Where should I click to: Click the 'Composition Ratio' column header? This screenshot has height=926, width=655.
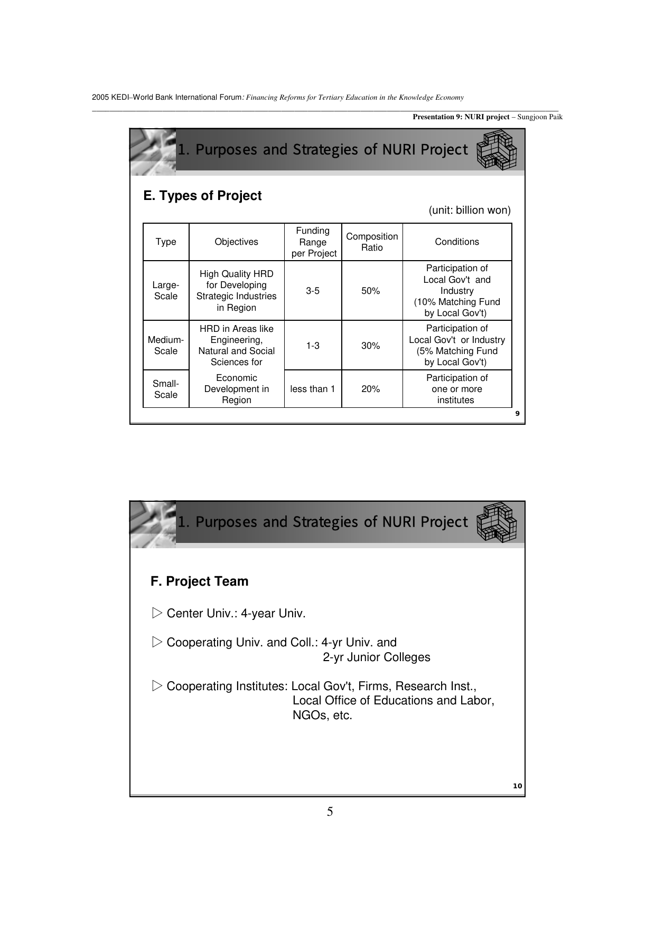point(372,242)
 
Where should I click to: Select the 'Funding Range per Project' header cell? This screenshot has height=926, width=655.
point(313,242)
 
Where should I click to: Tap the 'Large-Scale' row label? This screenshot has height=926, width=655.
point(166,291)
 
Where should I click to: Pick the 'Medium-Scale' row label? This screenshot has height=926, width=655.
point(166,346)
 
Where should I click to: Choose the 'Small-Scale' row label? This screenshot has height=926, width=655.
point(166,389)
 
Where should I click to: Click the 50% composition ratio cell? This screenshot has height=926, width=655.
point(371,291)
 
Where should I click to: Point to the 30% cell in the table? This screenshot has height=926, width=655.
point(371,346)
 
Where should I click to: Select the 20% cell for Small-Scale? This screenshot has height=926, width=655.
point(371,389)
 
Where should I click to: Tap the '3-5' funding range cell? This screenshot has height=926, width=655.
point(313,291)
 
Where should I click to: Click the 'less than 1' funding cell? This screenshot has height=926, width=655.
point(313,389)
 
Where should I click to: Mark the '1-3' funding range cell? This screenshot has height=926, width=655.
point(313,346)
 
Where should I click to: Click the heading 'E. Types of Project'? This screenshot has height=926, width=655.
point(203,196)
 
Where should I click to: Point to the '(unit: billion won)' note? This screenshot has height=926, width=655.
point(470,211)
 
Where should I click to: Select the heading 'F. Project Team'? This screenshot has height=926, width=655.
point(200,581)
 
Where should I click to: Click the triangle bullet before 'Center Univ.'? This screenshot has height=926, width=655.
point(157,613)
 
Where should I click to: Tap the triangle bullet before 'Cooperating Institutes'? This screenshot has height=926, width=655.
point(157,686)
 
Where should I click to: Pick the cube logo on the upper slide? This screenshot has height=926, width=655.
point(497,150)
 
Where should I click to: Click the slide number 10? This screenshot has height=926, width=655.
point(518,786)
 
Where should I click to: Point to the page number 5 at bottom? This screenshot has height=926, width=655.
point(330,812)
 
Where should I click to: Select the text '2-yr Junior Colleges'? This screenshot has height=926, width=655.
point(377,657)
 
